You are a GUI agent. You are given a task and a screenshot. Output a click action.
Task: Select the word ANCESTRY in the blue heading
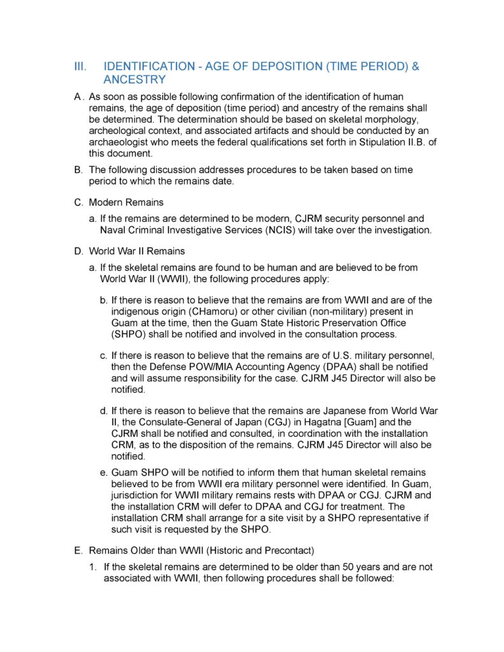click(x=134, y=80)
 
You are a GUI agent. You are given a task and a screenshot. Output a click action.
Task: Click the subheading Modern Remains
click(x=127, y=202)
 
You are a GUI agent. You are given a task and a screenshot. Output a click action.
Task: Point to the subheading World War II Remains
click(x=137, y=252)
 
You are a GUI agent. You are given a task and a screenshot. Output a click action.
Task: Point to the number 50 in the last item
click(x=332, y=567)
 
